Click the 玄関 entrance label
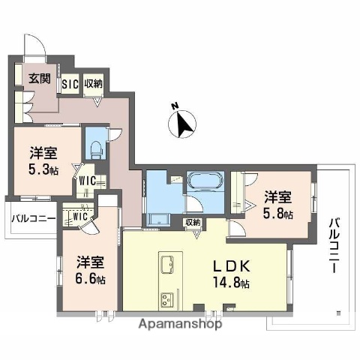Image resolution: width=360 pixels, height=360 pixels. pyautogui.click(x=39, y=77)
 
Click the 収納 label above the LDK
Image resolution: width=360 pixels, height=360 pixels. pyautogui.click(x=192, y=222)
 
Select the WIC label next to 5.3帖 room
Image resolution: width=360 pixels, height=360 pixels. pyautogui.click(x=88, y=181)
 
